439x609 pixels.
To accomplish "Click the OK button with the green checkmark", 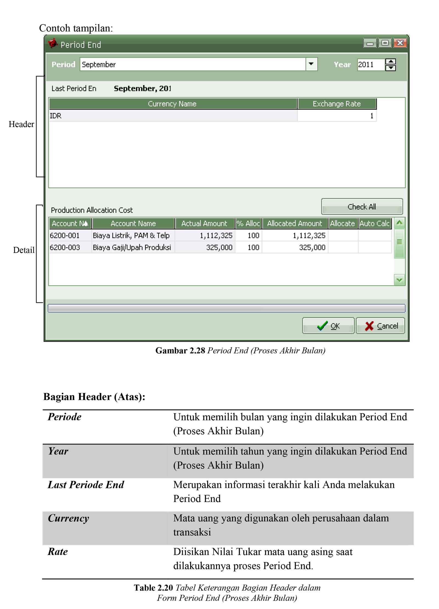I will click(328, 326).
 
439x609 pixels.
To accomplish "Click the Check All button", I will click(362, 207).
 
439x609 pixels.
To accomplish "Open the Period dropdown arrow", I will click(311, 64).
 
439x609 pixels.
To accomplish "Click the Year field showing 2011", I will click(370, 64).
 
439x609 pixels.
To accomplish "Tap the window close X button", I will click(400, 43).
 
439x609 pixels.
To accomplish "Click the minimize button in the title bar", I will click(370, 43).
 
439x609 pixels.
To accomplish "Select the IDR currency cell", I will click(56, 116).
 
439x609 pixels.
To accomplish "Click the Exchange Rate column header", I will click(337, 104).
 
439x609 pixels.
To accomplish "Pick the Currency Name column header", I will click(172, 104).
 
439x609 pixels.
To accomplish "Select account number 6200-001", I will click(65, 235).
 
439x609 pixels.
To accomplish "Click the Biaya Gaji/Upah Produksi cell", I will click(132, 247).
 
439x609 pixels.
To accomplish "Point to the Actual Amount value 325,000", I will click(219, 247).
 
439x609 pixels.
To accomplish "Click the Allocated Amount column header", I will click(295, 223).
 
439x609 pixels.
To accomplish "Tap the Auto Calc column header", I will click(375, 223).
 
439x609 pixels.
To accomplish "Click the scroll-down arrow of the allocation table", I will click(399, 280).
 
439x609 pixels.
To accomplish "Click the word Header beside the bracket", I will click(21, 124).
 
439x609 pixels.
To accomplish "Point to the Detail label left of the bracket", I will click(24, 250).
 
